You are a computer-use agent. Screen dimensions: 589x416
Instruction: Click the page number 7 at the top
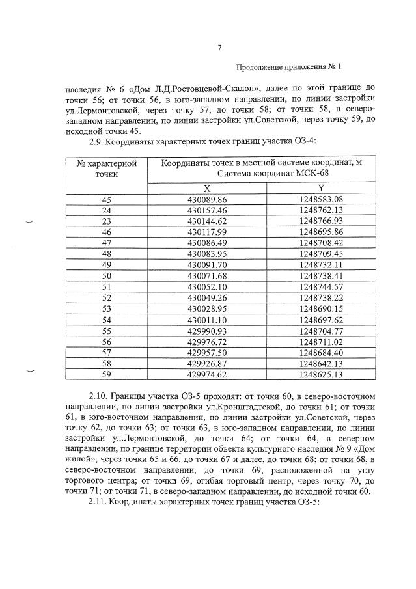pos(220,48)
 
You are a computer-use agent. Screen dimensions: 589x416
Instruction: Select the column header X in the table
pos(206,187)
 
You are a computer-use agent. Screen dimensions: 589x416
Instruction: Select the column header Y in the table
pos(321,187)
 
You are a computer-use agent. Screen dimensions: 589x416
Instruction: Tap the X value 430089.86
pos(206,199)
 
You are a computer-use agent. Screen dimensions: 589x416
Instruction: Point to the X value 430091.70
pos(206,265)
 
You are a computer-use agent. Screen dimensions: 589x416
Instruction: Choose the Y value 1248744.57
pos(321,286)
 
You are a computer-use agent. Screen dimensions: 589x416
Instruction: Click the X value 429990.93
pos(206,331)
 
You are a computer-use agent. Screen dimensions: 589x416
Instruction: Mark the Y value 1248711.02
pos(321,342)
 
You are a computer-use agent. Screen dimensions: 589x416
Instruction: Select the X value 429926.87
pos(206,363)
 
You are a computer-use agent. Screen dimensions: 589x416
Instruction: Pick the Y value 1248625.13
pos(321,374)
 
